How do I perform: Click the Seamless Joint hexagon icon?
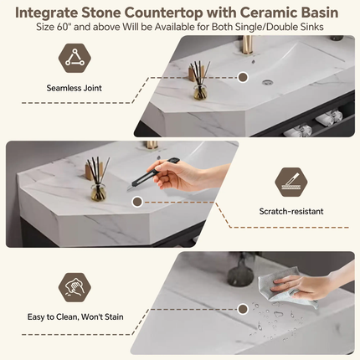[x=75, y=58]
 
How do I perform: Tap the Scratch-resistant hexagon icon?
[x=291, y=182]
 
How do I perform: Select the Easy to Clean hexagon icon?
[x=75, y=287]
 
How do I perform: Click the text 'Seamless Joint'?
[x=74, y=88]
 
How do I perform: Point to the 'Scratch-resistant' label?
[x=291, y=211]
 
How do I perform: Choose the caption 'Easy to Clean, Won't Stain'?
[x=75, y=317]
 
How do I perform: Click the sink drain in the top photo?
[x=267, y=82]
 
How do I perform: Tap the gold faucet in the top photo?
[x=247, y=44]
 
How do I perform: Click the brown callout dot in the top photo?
[x=243, y=77]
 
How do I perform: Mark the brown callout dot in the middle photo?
[x=137, y=202]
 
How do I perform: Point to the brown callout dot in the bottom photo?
[x=243, y=309]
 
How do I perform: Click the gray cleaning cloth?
[x=285, y=287]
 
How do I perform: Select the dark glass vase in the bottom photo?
[x=240, y=272]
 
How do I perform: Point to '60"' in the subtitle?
[x=64, y=27]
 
